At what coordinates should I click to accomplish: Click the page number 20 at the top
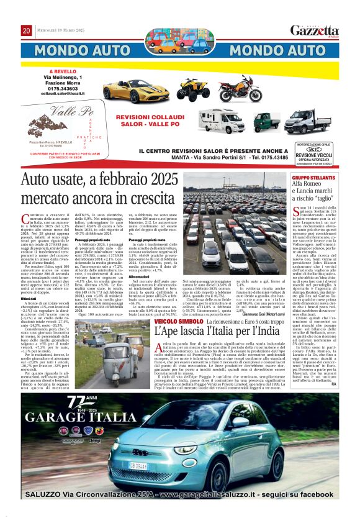coord(26,30)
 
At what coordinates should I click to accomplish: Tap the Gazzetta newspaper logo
coord(315,30)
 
